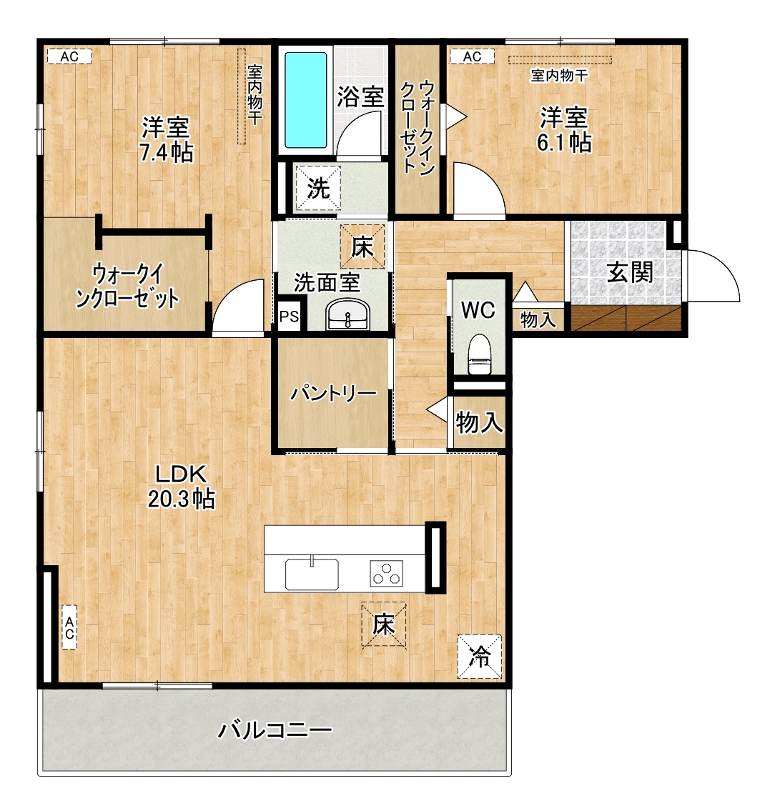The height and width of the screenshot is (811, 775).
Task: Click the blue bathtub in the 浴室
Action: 306,100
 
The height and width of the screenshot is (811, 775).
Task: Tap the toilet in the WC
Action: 478,354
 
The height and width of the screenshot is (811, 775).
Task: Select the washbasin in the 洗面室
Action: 347,316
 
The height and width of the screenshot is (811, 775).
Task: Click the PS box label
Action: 290,316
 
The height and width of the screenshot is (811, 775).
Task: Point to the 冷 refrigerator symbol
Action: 480,657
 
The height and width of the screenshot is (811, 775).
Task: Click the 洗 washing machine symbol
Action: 318,188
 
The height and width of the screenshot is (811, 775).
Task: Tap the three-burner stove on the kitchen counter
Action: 387,573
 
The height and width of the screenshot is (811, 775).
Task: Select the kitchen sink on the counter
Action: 312,574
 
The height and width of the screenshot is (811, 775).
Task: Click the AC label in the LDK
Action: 69,627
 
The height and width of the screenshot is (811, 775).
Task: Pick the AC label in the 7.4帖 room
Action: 69,56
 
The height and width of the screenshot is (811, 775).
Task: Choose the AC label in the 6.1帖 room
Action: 472,56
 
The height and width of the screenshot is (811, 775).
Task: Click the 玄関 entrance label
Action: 630,272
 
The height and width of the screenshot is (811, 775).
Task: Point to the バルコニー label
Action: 275,730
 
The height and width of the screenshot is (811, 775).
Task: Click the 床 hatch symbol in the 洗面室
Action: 362,247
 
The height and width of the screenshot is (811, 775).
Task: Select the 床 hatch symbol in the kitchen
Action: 383,625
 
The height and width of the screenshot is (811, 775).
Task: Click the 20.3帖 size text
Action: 182,499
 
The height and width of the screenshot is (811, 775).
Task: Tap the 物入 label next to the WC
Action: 538,319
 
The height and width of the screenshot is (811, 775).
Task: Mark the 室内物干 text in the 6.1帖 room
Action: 559,76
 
